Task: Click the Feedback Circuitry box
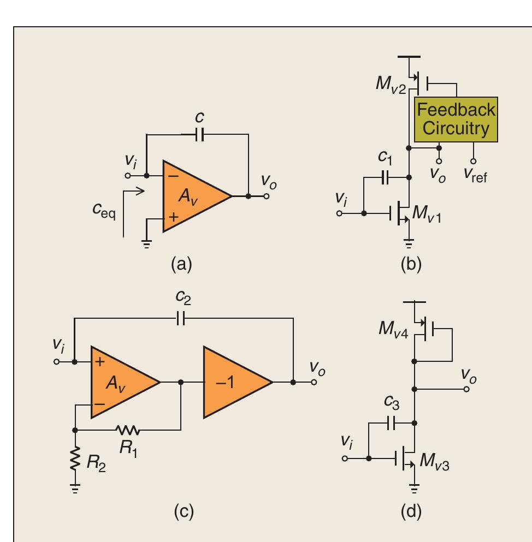coord(456,120)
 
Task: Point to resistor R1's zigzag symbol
coord(129,431)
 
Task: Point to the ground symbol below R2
coord(75,489)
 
